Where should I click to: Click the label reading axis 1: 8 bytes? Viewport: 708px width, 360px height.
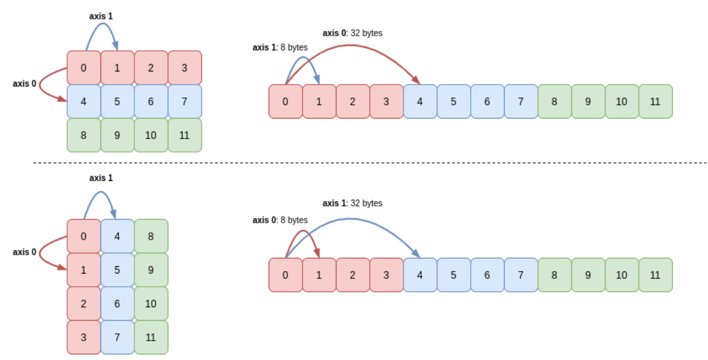click(280, 47)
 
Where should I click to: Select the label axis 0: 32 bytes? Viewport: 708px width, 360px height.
click(352, 33)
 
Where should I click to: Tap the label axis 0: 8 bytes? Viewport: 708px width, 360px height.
click(280, 220)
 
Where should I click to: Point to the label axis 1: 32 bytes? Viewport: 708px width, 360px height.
click(352, 203)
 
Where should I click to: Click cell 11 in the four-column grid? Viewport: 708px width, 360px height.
click(185, 135)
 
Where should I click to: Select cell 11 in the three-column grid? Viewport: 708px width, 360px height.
click(151, 337)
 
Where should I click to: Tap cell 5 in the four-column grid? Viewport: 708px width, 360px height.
click(117, 102)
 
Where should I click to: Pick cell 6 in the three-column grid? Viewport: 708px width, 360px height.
click(117, 303)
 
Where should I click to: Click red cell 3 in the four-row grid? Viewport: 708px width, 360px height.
click(84, 337)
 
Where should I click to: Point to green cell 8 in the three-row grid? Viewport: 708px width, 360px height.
click(84, 135)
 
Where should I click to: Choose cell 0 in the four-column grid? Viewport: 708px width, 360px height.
click(84, 68)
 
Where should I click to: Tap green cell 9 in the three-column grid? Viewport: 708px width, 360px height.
click(151, 270)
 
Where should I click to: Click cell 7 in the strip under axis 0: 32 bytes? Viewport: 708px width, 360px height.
click(520, 102)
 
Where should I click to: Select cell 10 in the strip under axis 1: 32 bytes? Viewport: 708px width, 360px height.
click(621, 275)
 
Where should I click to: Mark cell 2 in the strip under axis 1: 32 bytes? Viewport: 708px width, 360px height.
click(353, 275)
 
